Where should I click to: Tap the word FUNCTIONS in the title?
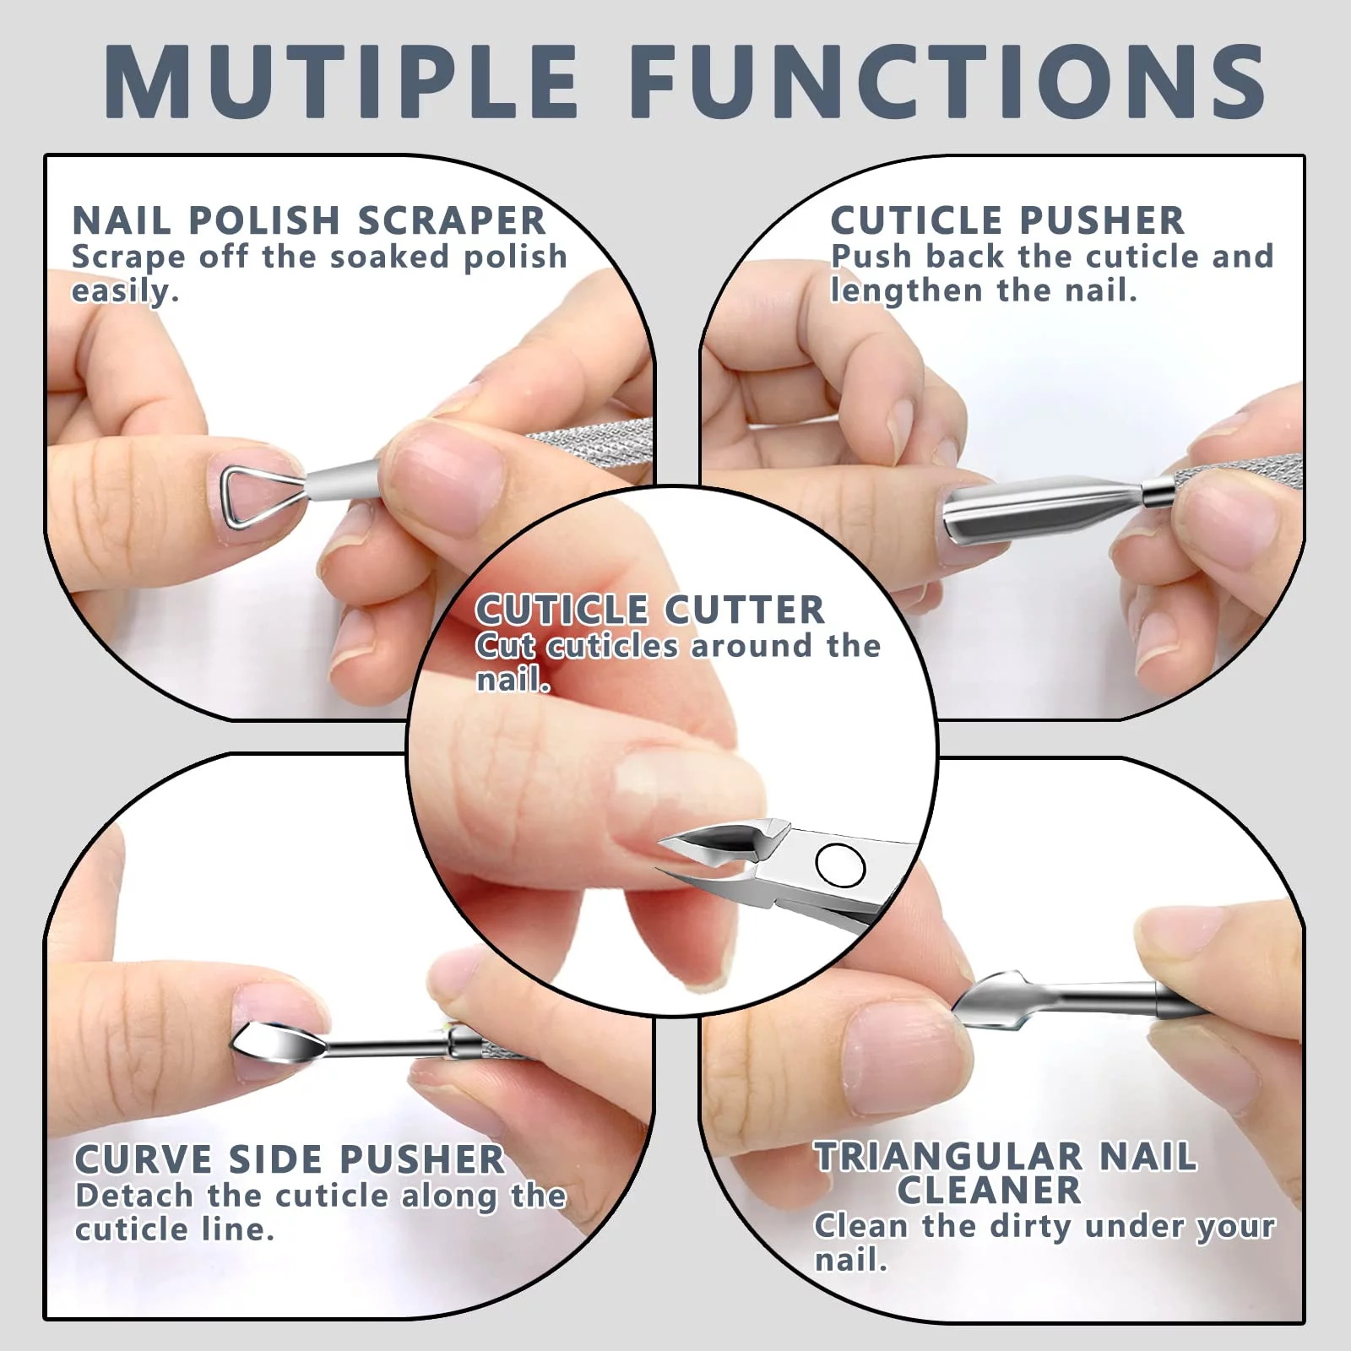click(x=947, y=81)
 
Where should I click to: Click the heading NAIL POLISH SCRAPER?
click(x=309, y=220)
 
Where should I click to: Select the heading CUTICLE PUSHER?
click(x=1007, y=220)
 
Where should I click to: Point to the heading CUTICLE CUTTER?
click(x=650, y=610)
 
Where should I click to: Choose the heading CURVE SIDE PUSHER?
click(x=290, y=1159)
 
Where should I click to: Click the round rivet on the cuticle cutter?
click(x=840, y=865)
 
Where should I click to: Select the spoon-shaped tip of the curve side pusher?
click(x=279, y=1041)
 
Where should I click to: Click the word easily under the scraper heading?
click(x=124, y=292)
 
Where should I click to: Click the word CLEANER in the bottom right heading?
click(x=989, y=1191)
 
